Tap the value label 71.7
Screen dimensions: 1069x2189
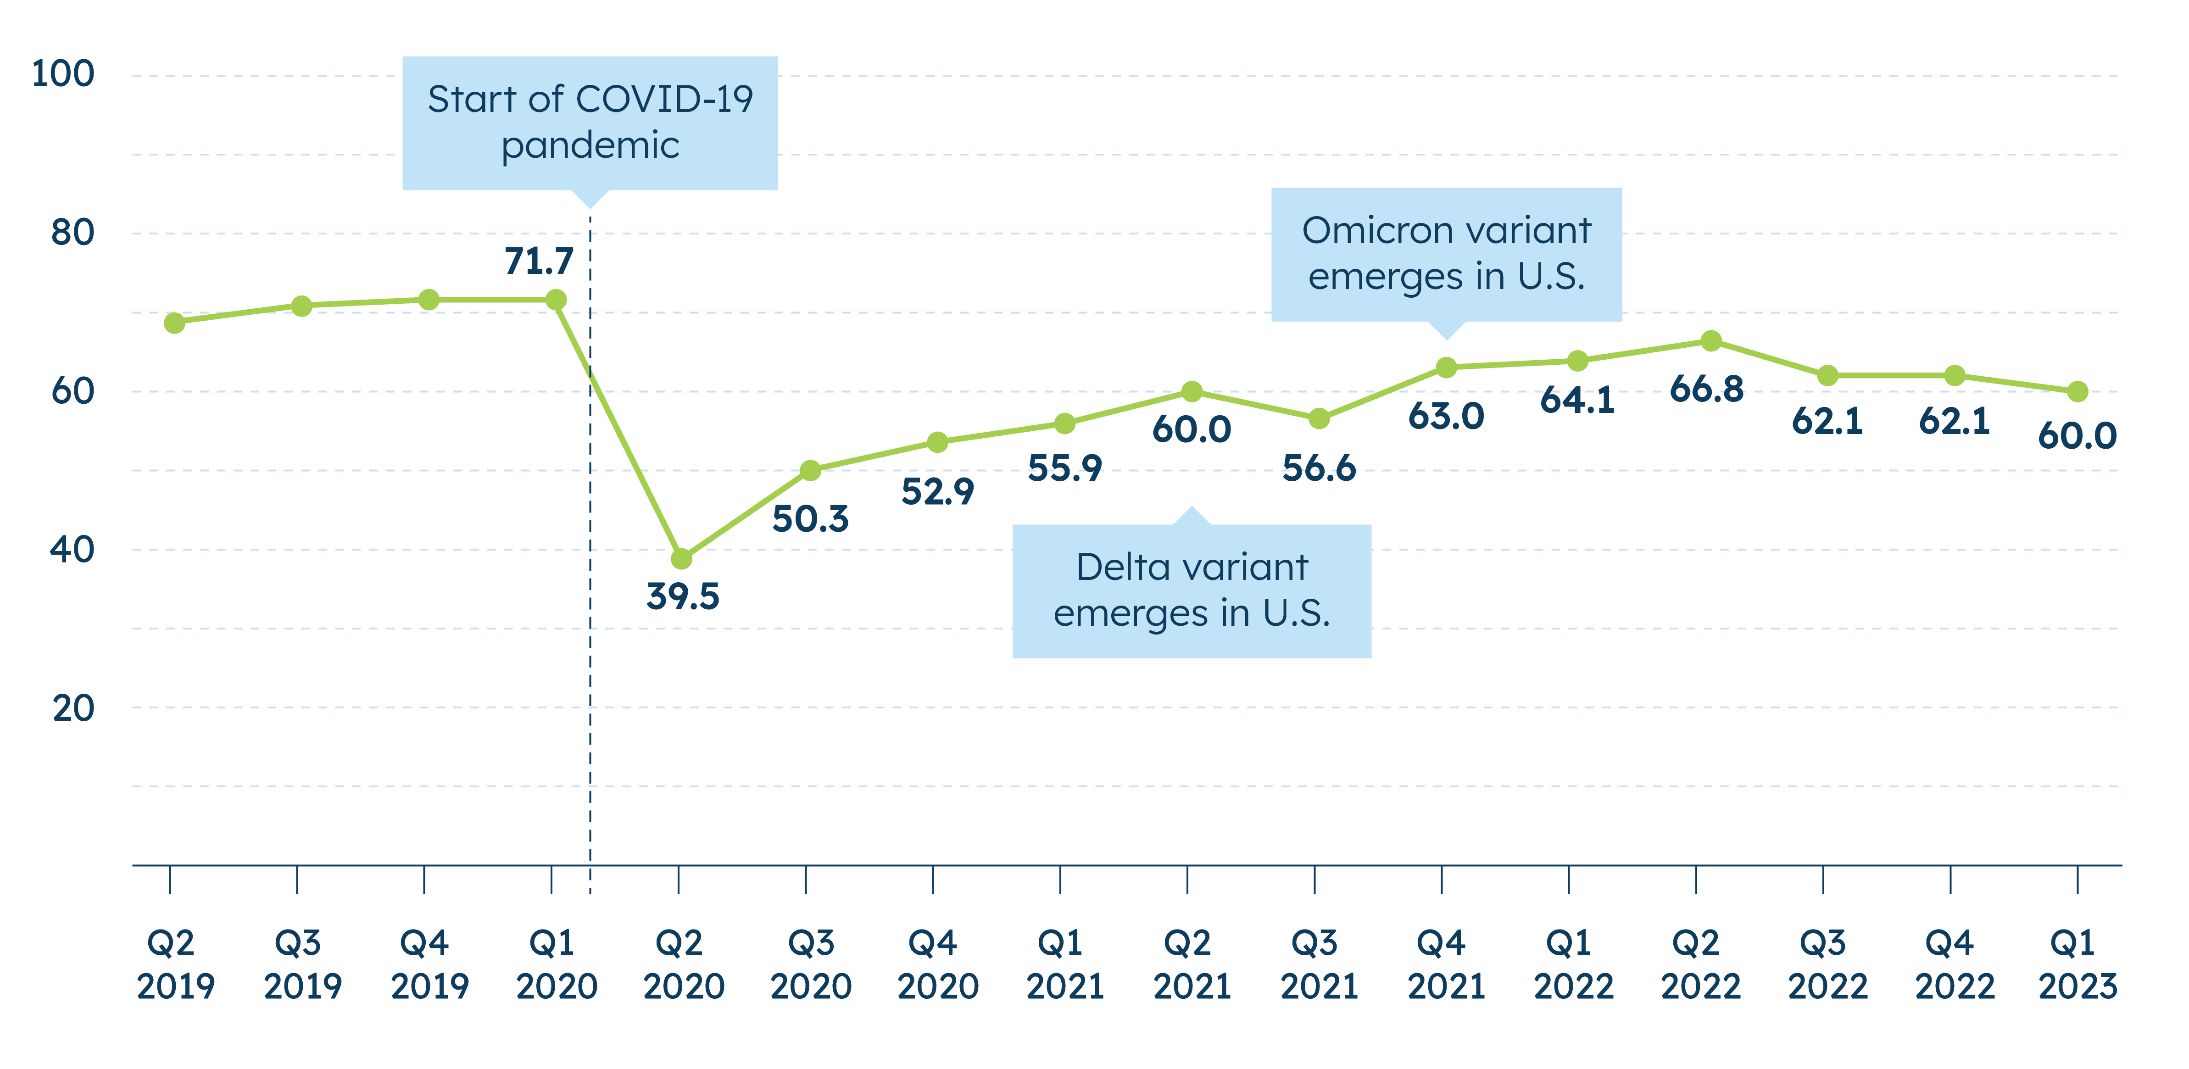(x=539, y=261)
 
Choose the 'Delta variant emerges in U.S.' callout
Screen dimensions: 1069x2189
(x=1192, y=590)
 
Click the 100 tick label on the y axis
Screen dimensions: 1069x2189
(x=62, y=75)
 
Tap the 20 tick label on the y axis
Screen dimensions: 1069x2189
(x=73, y=708)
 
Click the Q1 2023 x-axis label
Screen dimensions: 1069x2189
(x=2077, y=964)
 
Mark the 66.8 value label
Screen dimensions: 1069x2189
(x=1706, y=389)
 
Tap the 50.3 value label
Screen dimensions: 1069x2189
(x=810, y=518)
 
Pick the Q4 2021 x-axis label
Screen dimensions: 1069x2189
(x=1445, y=964)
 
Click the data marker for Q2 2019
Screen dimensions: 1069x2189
(x=174, y=323)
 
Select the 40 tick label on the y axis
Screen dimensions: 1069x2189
(x=72, y=550)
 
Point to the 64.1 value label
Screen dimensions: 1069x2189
(x=1577, y=400)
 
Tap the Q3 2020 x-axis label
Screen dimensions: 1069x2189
(x=810, y=964)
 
